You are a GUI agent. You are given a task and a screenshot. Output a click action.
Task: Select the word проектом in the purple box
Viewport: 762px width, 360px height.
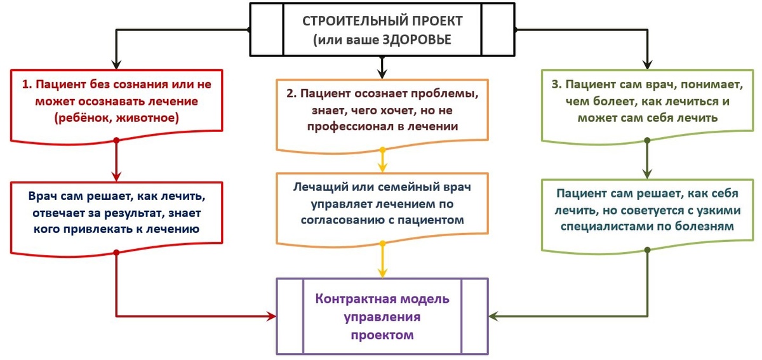pos(382,334)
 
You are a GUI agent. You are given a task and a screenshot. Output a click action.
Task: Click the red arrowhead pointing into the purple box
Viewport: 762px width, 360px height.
pos(271,316)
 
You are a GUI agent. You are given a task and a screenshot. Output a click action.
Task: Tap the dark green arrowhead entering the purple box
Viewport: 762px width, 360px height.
pos(494,316)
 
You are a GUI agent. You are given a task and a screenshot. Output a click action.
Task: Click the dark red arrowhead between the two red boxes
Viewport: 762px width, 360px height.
pos(116,176)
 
